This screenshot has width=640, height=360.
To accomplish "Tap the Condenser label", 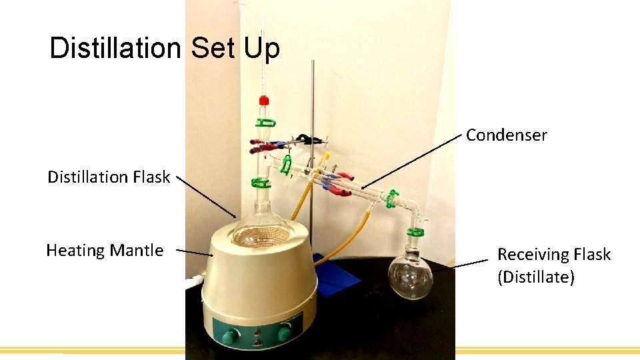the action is [x=506, y=135].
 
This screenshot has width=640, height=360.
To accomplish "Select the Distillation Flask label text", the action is [x=108, y=177].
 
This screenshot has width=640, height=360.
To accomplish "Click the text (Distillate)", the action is [x=535, y=277].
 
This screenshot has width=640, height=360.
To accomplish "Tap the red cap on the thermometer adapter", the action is [x=264, y=101].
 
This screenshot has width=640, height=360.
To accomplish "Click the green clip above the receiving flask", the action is [x=415, y=233].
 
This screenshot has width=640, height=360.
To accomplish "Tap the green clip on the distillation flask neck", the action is [x=257, y=182].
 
